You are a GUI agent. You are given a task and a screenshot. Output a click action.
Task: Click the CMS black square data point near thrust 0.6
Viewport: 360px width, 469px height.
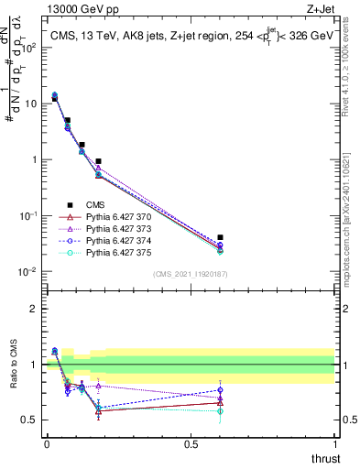tap(220, 238)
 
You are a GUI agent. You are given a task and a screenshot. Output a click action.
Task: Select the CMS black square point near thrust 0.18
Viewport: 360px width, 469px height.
tap(98, 161)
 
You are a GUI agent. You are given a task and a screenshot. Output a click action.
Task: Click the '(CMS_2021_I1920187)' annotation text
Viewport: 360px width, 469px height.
tap(191, 273)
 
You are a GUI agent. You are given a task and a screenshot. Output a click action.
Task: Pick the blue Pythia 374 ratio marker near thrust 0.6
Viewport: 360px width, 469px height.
tap(220, 390)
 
